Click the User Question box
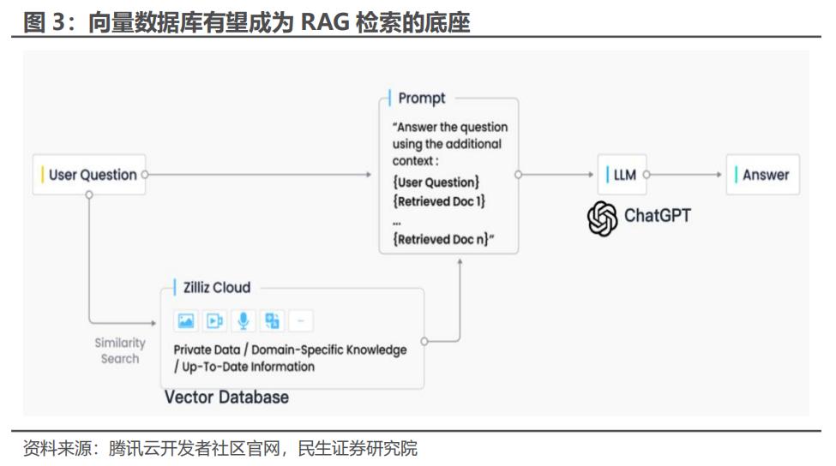pyautogui.click(x=88, y=175)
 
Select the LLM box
pyautogui.click(x=622, y=175)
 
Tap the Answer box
pyautogui.click(x=762, y=175)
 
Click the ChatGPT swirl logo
pyautogui.click(x=602, y=217)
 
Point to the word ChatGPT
pyautogui.click(x=657, y=215)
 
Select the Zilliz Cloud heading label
pyautogui.click(x=215, y=288)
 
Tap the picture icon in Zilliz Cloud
pyautogui.click(x=186, y=321)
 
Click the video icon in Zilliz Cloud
pyautogui.click(x=215, y=321)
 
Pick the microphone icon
pyautogui.click(x=244, y=321)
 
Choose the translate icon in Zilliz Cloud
pyautogui.click(x=272, y=321)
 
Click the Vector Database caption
pyautogui.click(x=226, y=397)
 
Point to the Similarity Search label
pyautogui.click(x=119, y=350)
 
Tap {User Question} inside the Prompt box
pyautogui.click(x=436, y=182)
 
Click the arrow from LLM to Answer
pyautogui.click(x=685, y=175)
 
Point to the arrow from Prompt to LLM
pyautogui.click(x=557, y=175)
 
